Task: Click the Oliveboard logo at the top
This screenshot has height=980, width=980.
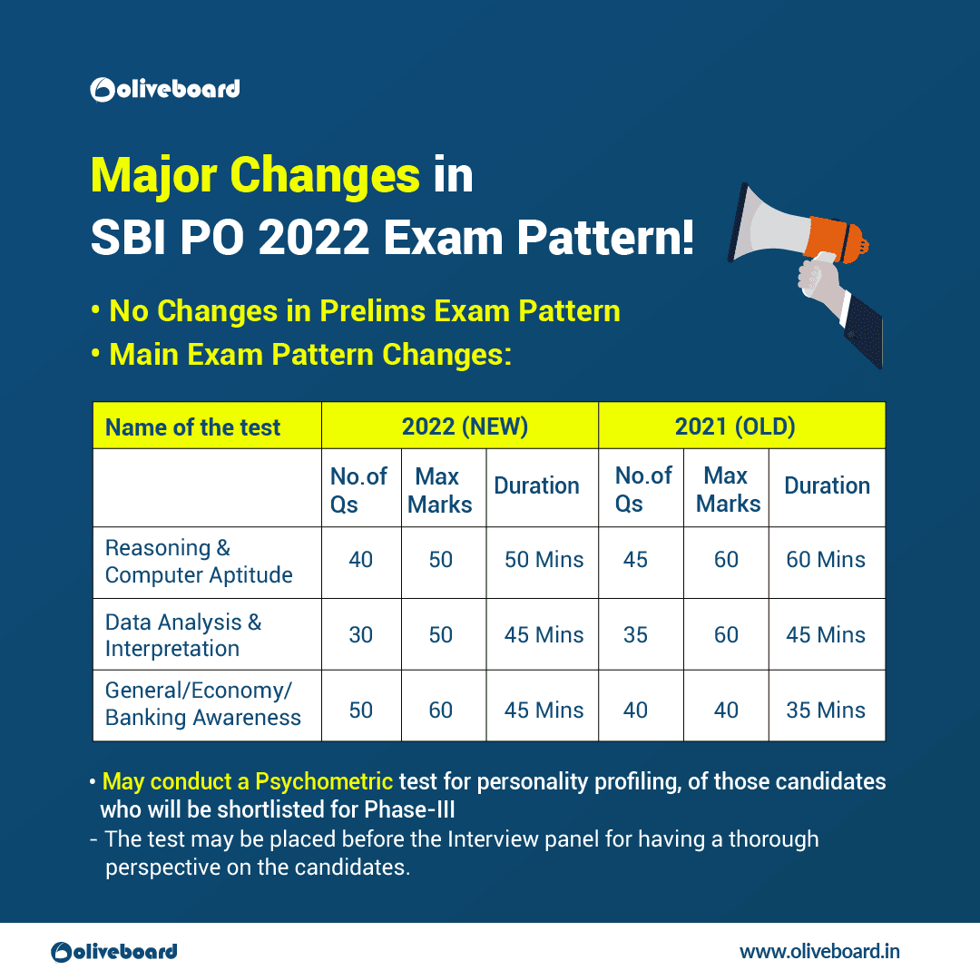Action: [x=165, y=89]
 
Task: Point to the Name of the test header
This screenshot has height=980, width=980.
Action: [x=193, y=427]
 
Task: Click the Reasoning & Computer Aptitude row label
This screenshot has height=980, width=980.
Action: [x=199, y=562]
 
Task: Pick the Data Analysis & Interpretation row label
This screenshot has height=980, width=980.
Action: [x=183, y=635]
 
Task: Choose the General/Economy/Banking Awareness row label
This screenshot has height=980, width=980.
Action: [x=203, y=704]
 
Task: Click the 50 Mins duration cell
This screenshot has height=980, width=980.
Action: [x=544, y=560]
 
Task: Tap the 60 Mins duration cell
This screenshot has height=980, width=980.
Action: [x=826, y=560]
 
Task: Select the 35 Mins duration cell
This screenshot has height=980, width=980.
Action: [x=826, y=710]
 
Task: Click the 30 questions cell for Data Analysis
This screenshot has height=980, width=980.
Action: [x=361, y=635]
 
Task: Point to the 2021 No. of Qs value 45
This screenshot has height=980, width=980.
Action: [x=635, y=560]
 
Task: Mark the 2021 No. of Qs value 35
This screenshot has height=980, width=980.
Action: [x=635, y=635]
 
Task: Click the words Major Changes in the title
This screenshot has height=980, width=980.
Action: [x=255, y=175]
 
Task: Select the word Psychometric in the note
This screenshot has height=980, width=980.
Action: [x=324, y=781]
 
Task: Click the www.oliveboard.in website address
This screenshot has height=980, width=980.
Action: [x=819, y=951]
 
